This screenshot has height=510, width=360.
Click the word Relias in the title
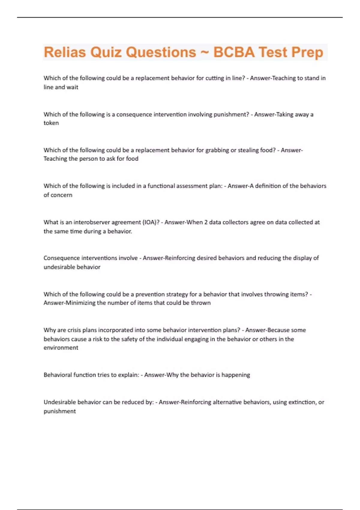pos(65,52)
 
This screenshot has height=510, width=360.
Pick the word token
pos(51,123)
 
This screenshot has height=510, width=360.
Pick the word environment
pos(61,348)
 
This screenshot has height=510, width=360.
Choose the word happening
pos(235,375)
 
